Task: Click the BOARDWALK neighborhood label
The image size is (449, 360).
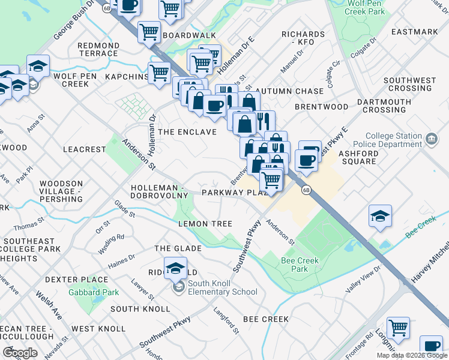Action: [188, 35]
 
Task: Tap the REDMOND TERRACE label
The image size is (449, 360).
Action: [98, 49]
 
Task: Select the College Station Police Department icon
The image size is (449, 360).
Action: [431, 140]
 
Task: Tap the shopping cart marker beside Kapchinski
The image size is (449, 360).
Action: [159, 73]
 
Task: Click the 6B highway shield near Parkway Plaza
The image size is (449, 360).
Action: [306, 190]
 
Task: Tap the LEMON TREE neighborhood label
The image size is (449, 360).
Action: [205, 224]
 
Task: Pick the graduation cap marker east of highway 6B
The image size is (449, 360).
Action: [380, 215]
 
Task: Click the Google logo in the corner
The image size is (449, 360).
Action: [20, 352]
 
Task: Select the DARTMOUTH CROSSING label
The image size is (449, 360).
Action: [384, 106]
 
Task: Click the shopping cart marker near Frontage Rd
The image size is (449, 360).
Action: [398, 328]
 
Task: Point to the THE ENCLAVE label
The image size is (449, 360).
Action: [187, 131]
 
